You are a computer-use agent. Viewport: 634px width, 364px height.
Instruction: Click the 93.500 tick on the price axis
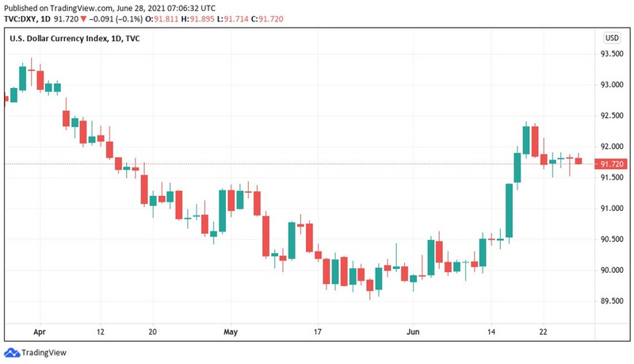pos(610,55)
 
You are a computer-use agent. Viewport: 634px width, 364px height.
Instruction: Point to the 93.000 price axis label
pos(610,86)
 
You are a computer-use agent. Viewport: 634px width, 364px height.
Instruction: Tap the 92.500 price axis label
pos(610,117)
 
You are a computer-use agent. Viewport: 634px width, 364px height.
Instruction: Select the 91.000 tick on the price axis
pos(610,209)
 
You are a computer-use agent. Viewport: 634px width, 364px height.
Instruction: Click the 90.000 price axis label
pos(610,270)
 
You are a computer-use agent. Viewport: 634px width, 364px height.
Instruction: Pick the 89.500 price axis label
pos(610,301)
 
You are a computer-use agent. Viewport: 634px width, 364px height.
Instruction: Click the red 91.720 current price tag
pos(610,164)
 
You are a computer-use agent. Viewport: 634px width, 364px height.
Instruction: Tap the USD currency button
pos(612,38)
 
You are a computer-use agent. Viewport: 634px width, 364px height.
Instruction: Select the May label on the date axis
pos(231,333)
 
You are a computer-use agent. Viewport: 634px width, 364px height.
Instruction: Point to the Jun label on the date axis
pos(412,333)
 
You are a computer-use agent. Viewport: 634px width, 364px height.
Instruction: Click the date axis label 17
pos(317,333)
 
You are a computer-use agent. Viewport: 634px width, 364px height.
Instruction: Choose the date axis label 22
pos(543,333)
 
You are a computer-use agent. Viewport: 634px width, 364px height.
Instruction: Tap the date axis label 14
pos(491,333)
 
